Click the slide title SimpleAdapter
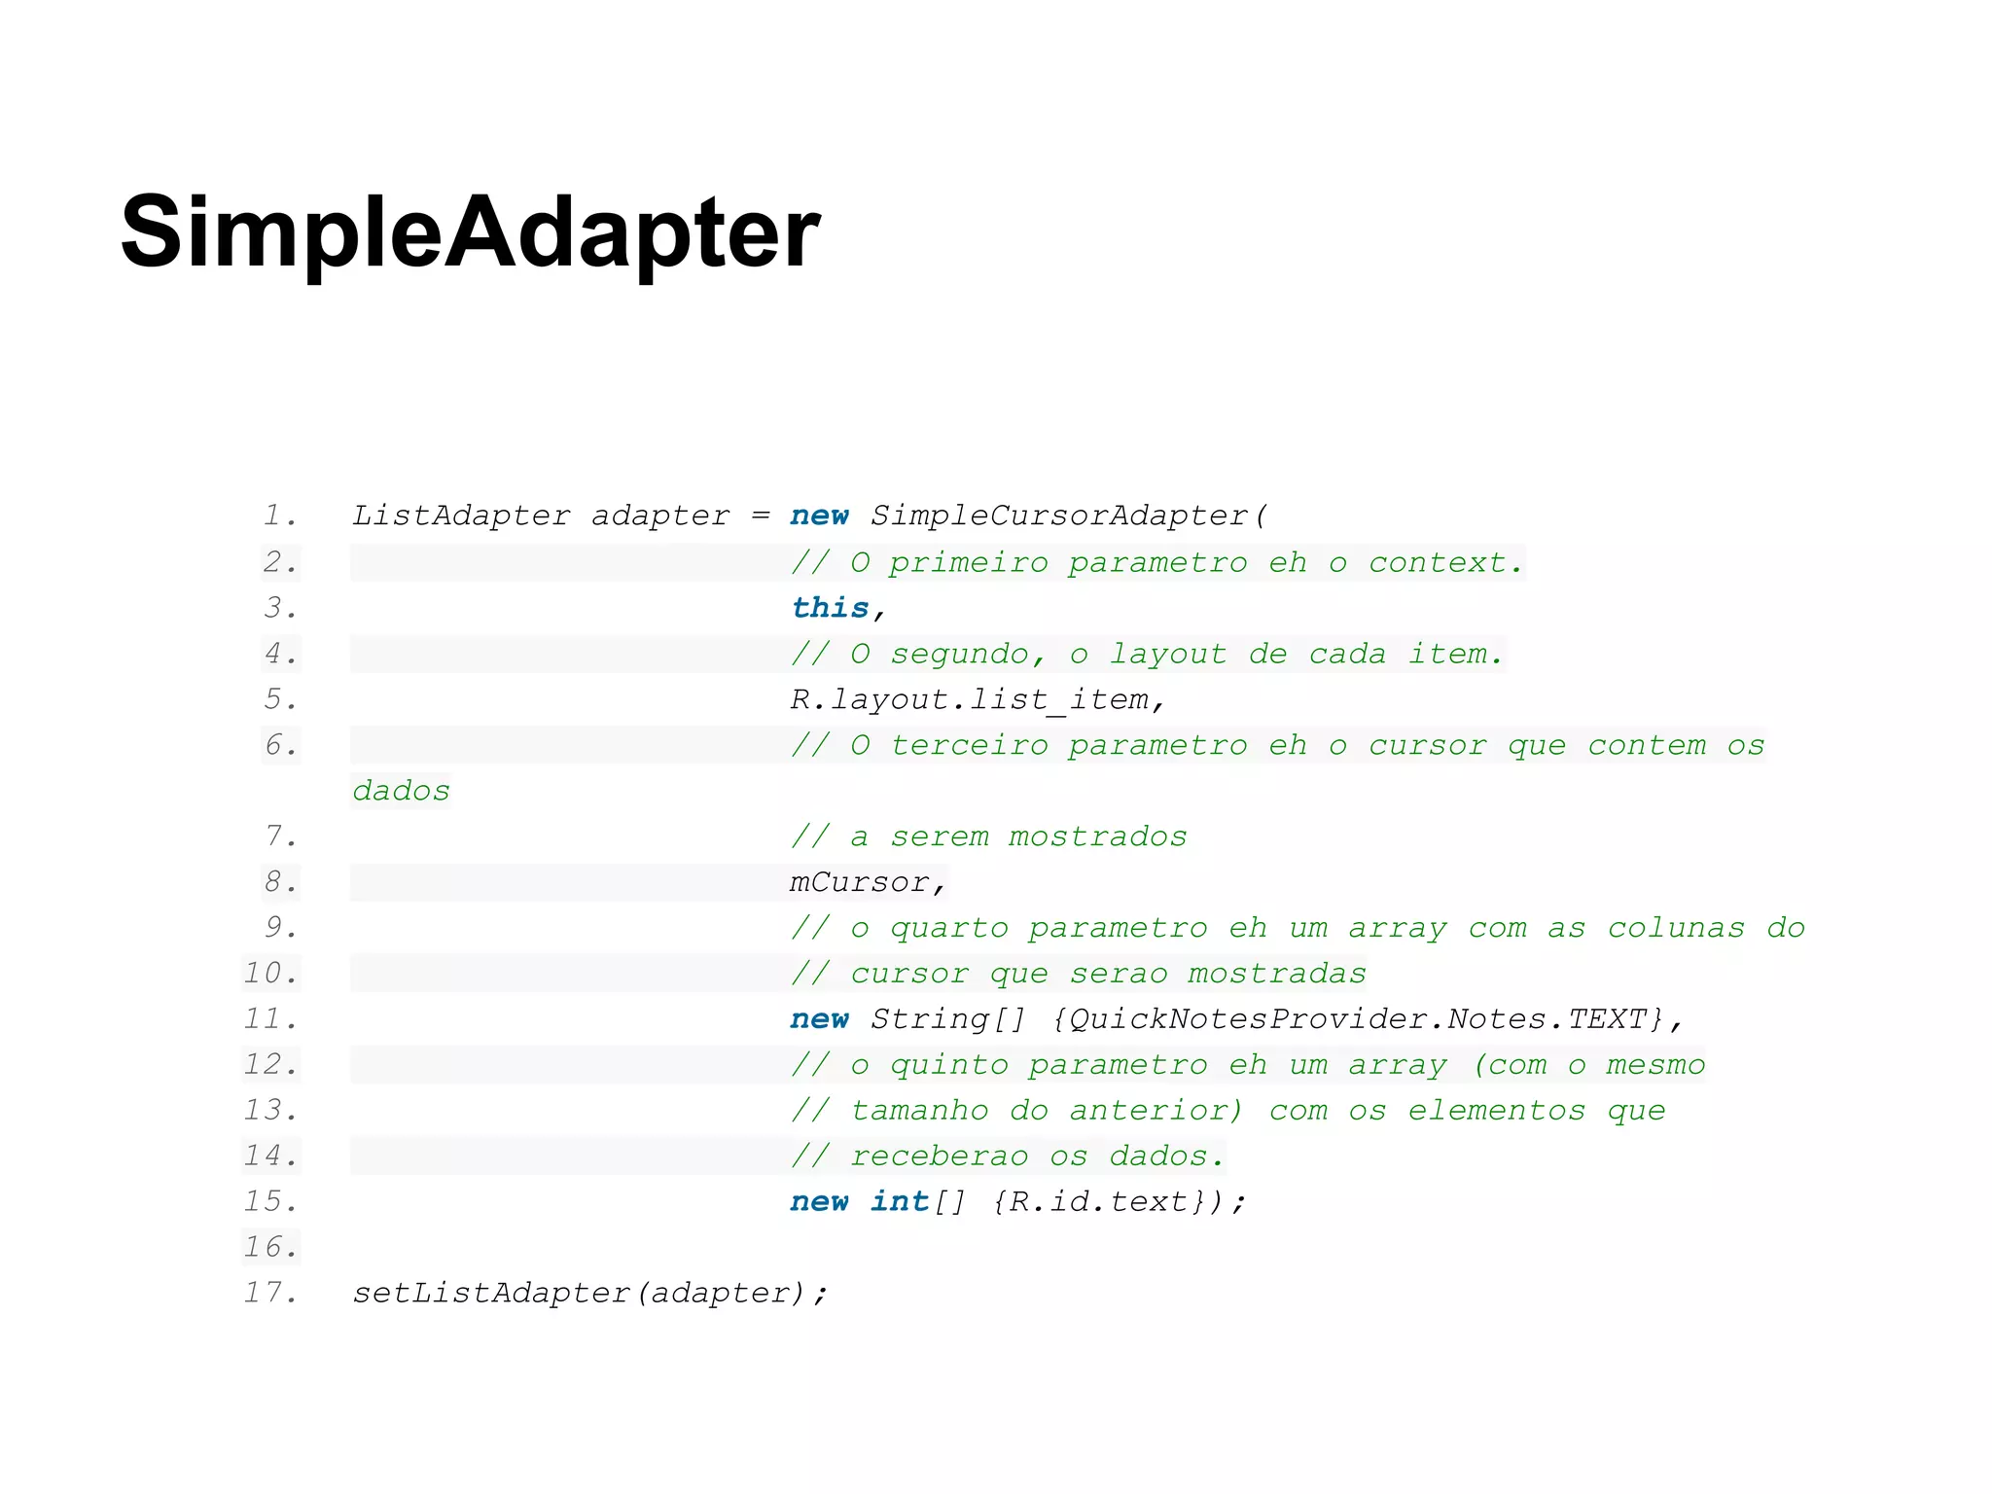tap(471, 231)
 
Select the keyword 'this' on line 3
tap(830, 608)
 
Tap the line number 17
tap(269, 1293)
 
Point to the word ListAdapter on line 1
tap(461, 516)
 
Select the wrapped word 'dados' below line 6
tap(401, 791)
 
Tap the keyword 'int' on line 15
tap(899, 1202)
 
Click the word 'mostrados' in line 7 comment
tap(1097, 836)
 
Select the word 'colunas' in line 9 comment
tap(1676, 928)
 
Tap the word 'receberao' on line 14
tap(939, 1156)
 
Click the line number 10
tap(269, 974)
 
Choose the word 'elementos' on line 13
tap(1496, 1111)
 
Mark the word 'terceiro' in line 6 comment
tap(970, 745)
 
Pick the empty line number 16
tap(269, 1247)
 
